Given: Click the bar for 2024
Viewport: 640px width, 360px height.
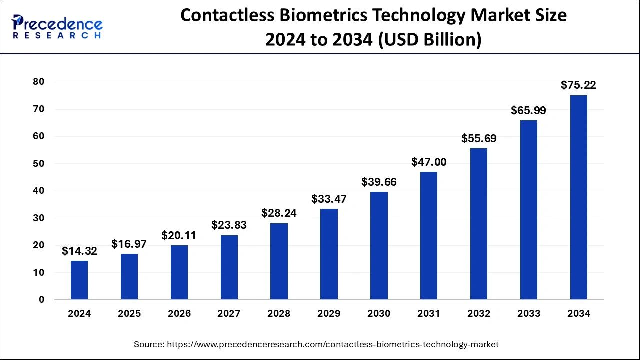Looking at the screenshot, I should (x=79, y=280).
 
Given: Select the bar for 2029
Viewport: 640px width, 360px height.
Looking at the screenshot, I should (x=329, y=254).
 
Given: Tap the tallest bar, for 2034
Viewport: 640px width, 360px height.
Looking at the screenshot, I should (x=578, y=197).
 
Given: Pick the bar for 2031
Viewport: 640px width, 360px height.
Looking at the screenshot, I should (x=429, y=236).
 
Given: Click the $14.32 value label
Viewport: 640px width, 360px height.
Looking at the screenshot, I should (x=79, y=251).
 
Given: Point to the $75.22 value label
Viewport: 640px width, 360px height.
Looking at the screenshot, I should (x=578, y=85).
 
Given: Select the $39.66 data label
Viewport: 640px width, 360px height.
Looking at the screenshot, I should (x=379, y=182).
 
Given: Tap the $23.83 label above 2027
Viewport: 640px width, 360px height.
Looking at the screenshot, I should (x=229, y=225).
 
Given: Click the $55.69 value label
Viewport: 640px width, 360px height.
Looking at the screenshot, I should (x=478, y=138).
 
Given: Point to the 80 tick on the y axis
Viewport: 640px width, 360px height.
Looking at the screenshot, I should (x=38, y=82).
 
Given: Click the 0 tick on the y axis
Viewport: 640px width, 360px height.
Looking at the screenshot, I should (x=42, y=300).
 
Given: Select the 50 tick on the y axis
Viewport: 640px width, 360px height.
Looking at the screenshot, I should (x=38, y=164).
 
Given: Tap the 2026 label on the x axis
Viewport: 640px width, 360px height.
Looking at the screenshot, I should (x=179, y=314).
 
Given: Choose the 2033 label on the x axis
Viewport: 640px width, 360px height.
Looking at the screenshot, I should (x=528, y=314).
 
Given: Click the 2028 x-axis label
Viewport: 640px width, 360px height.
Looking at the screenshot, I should (x=279, y=314).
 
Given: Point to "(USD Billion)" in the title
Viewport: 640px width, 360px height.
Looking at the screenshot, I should (x=429, y=39).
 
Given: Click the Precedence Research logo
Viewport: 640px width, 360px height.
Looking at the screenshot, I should (x=57, y=26).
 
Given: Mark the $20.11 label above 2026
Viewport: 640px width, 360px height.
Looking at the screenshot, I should (x=179, y=236).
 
